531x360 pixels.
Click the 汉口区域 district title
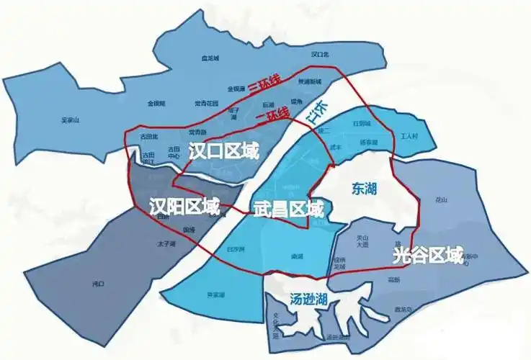[223, 150]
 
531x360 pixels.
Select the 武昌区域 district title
[288, 210]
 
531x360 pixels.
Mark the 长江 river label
[317, 114]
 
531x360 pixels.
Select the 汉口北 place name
[321, 54]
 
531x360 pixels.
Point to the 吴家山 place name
[71, 120]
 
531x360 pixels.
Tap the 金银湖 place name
[156, 104]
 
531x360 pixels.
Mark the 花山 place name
[442, 199]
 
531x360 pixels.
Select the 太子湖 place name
[166, 244]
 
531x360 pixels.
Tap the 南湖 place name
[296, 256]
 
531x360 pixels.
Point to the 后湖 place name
[268, 104]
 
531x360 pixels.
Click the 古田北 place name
[148, 136]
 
